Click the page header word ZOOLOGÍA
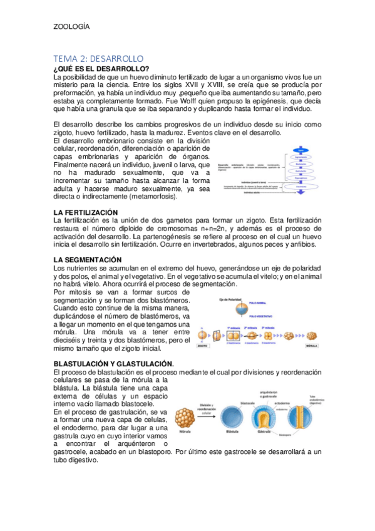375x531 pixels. (x=71, y=27)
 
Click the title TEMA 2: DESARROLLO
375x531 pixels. (x=99, y=58)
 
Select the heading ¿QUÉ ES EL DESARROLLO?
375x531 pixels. (x=101, y=68)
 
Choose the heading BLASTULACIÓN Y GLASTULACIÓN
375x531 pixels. (x=113, y=363)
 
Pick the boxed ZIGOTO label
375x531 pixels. (x=203, y=345)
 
